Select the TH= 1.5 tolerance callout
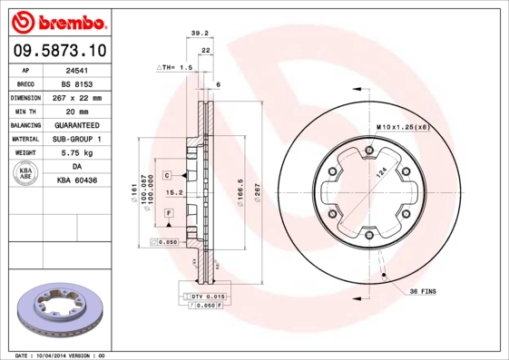[176, 68]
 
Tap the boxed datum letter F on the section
[168, 212]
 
